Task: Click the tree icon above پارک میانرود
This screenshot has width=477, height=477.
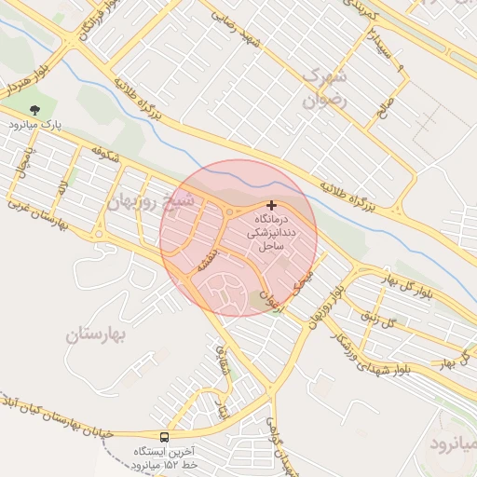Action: click(37, 111)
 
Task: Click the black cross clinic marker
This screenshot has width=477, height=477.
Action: click(271, 205)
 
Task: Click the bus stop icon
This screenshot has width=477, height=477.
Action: click(165, 437)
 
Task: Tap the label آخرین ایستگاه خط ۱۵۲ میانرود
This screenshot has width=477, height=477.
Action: click(164, 457)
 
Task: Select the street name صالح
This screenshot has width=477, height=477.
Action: click(385, 108)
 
